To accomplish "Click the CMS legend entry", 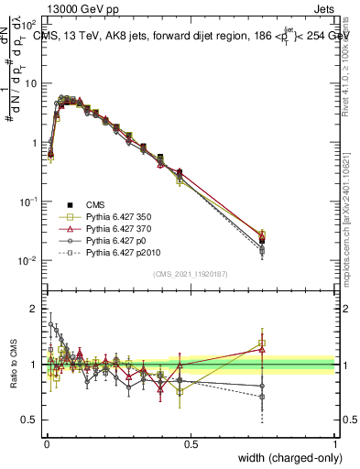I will point(94,203).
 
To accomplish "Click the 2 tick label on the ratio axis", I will point(34,308).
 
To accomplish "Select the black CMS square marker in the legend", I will point(70,203).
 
